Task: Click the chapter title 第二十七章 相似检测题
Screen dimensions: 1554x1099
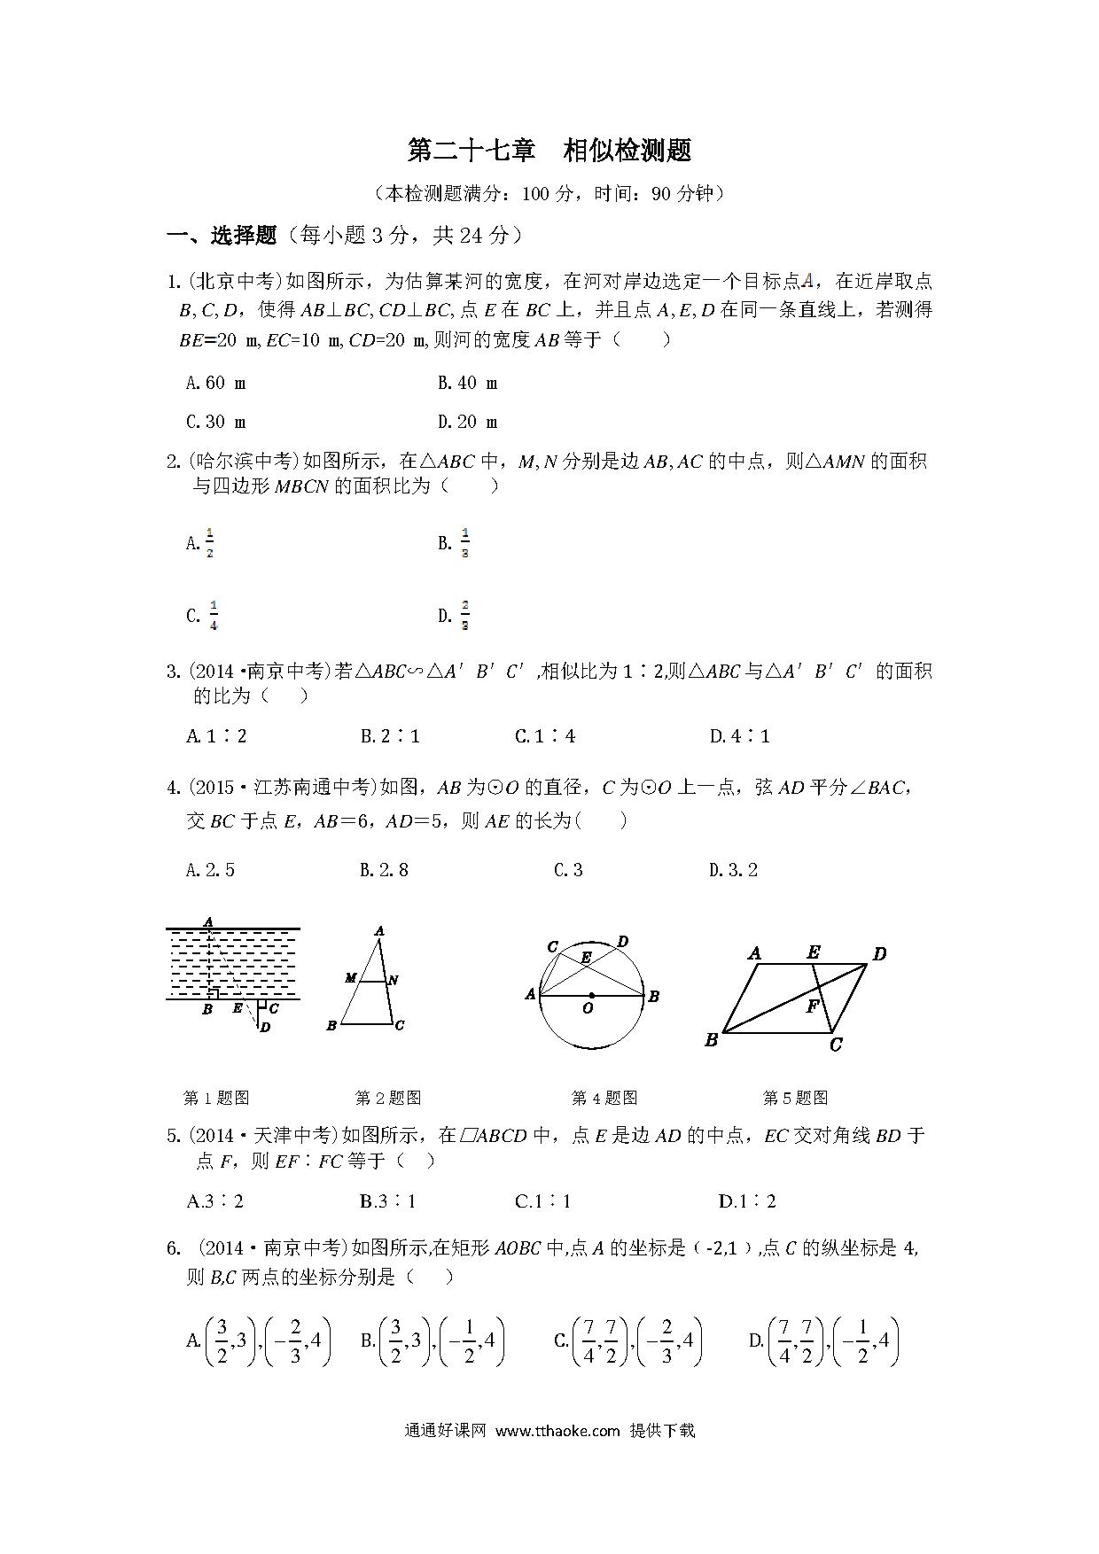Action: point(549,151)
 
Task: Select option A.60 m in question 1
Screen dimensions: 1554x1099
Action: point(216,383)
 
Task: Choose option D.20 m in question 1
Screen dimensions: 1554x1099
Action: point(467,422)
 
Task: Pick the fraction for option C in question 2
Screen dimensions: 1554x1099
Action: point(213,615)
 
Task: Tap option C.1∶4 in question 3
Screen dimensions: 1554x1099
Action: point(545,735)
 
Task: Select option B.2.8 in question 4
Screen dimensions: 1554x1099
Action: point(384,869)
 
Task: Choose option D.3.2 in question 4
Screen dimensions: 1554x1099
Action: point(733,869)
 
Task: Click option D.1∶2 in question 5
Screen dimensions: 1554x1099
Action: point(747,1201)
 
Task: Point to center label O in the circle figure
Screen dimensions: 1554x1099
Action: point(588,1008)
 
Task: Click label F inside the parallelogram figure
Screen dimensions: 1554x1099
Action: point(812,1006)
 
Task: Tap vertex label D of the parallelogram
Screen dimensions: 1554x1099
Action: point(879,954)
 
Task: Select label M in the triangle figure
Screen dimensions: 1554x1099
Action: point(351,978)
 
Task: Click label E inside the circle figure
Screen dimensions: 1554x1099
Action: point(586,958)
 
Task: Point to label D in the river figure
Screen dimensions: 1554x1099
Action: point(265,1027)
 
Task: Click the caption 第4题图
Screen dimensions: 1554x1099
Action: point(604,1098)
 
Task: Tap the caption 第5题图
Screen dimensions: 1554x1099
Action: point(795,1098)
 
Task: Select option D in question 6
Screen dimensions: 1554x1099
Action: point(824,1340)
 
